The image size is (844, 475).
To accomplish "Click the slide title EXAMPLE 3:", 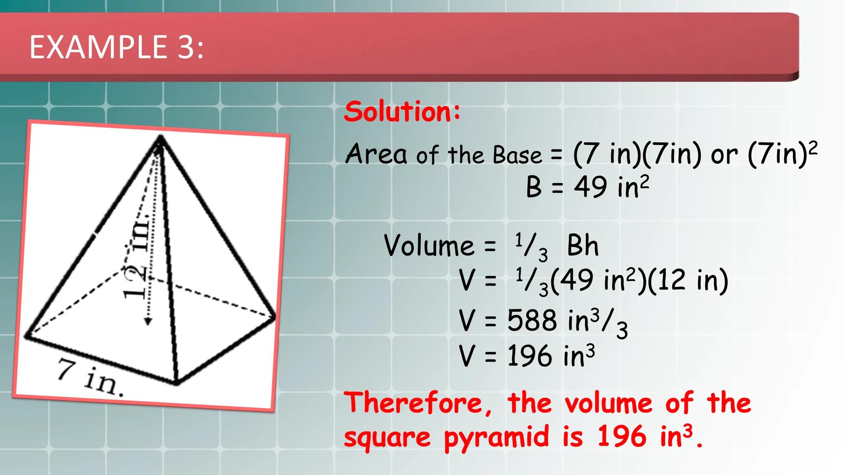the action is click(116, 47).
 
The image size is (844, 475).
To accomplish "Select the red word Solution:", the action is click(402, 111).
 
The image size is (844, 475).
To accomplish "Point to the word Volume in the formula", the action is click(429, 245).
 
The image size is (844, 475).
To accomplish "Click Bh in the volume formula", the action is click(583, 245).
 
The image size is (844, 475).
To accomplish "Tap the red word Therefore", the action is click(417, 403).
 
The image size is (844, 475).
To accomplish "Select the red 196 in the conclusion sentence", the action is click(622, 437).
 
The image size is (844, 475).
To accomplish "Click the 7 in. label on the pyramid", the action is click(90, 377).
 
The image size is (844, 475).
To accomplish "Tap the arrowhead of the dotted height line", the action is click(148, 322).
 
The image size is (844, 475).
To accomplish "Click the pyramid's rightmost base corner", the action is click(274, 316).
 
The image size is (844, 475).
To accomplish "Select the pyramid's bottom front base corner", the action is click(177, 383).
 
